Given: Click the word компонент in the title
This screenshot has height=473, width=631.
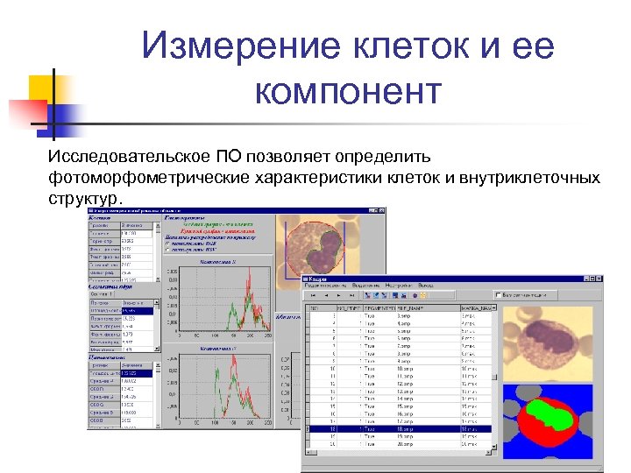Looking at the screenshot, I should [x=348, y=90].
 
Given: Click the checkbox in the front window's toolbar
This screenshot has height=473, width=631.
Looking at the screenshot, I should [x=497, y=294].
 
